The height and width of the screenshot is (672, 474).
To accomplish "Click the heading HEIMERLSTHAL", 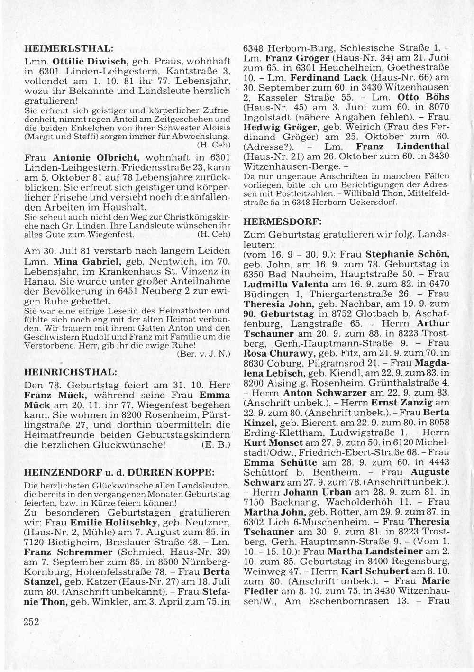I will tap(68, 48).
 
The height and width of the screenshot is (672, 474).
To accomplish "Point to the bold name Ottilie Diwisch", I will tap(89, 61).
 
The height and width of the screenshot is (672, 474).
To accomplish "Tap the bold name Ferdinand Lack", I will tap(328, 77).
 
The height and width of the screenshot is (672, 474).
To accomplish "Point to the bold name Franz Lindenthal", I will tap(402, 147).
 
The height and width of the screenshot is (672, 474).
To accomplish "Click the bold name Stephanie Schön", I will tap(407, 254).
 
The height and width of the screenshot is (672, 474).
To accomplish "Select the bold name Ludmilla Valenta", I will tap(286, 284).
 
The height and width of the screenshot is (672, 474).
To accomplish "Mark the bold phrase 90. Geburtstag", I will tap(279, 314).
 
